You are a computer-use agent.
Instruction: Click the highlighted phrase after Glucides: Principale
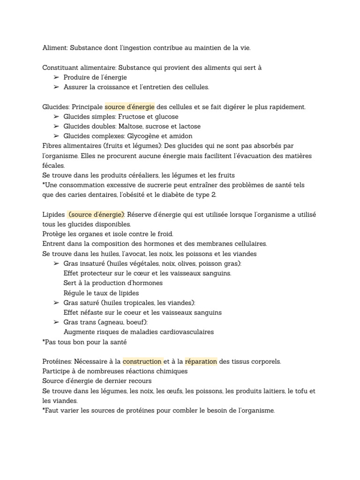129,107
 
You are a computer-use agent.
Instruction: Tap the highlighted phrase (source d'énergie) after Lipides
97,215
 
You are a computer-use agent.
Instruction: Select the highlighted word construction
142,361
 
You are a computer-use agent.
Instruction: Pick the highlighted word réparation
201,361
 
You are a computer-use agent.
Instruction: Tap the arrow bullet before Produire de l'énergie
56,77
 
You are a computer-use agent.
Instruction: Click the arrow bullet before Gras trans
56,322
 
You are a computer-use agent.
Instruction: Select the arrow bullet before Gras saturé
56,303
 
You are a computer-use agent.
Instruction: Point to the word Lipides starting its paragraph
53,215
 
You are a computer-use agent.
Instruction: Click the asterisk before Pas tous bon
44,341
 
